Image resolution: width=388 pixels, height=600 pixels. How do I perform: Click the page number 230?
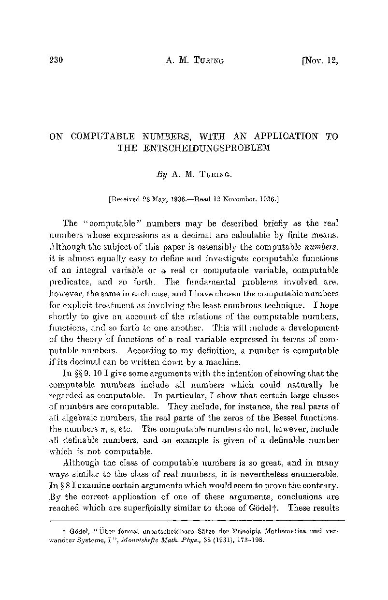57,60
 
